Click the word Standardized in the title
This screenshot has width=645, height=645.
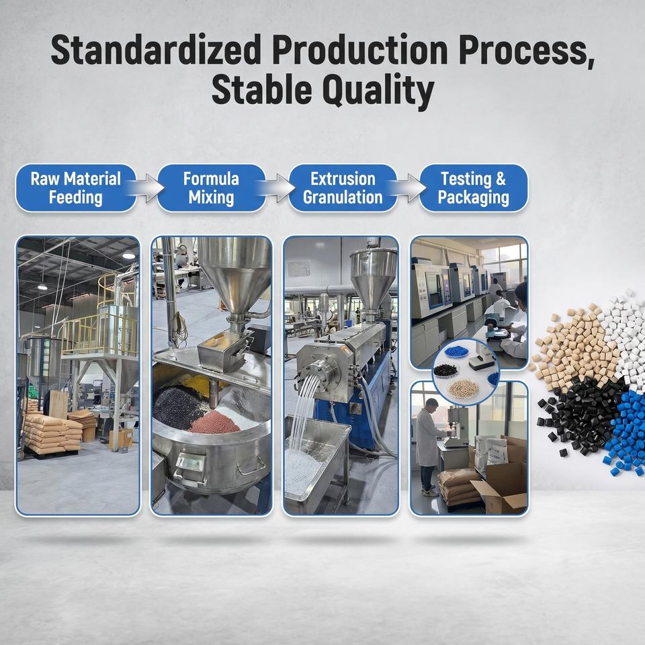[156, 50]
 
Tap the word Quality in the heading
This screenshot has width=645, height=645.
[378, 90]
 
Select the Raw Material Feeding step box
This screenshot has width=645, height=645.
[76, 188]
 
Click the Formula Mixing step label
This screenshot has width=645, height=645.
[211, 188]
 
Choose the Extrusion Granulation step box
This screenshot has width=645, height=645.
[343, 188]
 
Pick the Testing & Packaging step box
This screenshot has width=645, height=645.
[474, 188]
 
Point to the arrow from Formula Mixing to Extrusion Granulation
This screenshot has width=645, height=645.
[277, 188]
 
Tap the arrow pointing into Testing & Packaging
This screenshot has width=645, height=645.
[408, 188]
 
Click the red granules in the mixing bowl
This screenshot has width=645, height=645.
[214, 422]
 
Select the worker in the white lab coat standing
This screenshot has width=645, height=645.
[429, 446]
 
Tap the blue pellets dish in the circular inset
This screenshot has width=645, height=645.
[457, 351]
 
